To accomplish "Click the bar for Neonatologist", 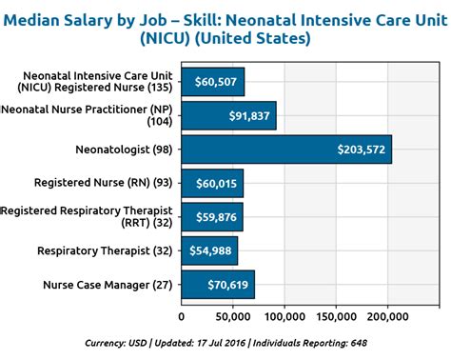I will click(x=285, y=150).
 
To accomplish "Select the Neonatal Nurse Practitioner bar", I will click(x=228, y=115).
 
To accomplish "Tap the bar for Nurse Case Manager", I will click(x=218, y=285).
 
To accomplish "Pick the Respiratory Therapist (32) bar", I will click(x=209, y=250).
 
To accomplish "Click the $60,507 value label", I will click(x=216, y=82).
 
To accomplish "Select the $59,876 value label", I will click(x=215, y=217).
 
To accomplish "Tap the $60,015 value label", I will click(x=215, y=183).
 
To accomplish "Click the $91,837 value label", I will click(x=249, y=115).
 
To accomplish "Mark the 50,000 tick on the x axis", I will click(x=233, y=316).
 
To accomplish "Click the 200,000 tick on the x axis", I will click(x=387, y=316).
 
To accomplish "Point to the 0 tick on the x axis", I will click(x=182, y=316).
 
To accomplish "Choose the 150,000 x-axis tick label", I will click(x=336, y=316).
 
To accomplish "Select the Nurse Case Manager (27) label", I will click(x=108, y=285).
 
